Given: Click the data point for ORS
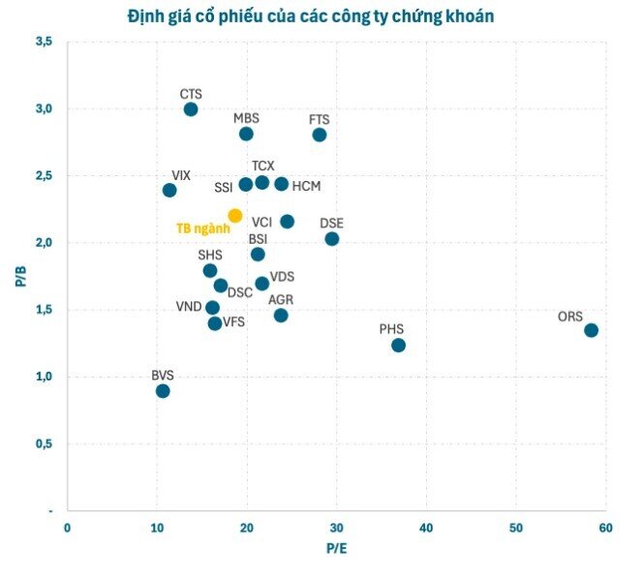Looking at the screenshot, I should [x=591, y=330].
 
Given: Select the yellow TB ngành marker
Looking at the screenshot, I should [x=235, y=216].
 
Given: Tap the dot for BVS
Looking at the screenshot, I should [x=163, y=391].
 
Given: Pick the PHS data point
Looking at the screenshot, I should [x=398, y=346].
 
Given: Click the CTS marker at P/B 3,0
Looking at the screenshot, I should [x=191, y=109].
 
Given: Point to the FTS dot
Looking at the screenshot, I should [x=320, y=135].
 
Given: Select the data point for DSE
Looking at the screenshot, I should [x=332, y=239].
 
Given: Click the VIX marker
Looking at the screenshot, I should [x=169, y=190].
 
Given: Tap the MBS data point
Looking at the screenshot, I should [x=246, y=134].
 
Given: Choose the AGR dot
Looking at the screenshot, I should [x=281, y=316].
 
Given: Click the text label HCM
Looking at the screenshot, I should [x=306, y=186].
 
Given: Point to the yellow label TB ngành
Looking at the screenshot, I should [x=202, y=228].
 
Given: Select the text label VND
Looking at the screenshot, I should [x=189, y=307].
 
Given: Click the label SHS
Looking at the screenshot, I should [x=210, y=256].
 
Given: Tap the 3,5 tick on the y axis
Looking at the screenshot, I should [x=44, y=42].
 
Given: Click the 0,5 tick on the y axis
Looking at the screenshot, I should [x=44, y=443].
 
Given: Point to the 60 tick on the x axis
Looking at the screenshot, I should [x=604, y=527].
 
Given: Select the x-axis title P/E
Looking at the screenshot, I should [x=335, y=548].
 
